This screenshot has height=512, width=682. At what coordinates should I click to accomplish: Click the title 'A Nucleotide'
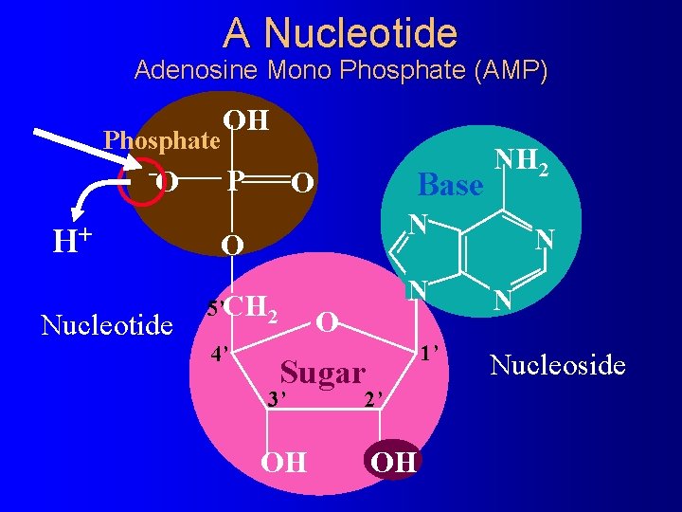pyautogui.click(x=341, y=33)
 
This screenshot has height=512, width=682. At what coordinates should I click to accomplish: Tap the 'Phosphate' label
pyautogui.click(x=161, y=140)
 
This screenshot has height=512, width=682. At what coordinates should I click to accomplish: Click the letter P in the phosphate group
pyautogui.click(x=236, y=180)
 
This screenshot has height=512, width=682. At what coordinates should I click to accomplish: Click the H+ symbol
pyautogui.click(x=71, y=242)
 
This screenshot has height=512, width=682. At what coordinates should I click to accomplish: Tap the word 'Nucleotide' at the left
pyautogui.click(x=107, y=325)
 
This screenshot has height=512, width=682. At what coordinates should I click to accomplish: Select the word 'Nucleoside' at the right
pyautogui.click(x=558, y=364)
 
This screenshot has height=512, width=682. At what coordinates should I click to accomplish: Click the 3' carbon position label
pyautogui.click(x=276, y=398)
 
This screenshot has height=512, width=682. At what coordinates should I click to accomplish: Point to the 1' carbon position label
pyautogui.click(x=435, y=354)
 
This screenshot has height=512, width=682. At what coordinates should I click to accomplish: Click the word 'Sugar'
pyautogui.click(x=323, y=373)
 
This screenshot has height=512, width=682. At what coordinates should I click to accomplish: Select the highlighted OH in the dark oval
pyautogui.click(x=393, y=462)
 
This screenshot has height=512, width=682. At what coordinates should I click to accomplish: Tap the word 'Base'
pyautogui.click(x=451, y=185)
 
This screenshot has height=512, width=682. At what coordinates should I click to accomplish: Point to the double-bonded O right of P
pyautogui.click(x=298, y=181)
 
